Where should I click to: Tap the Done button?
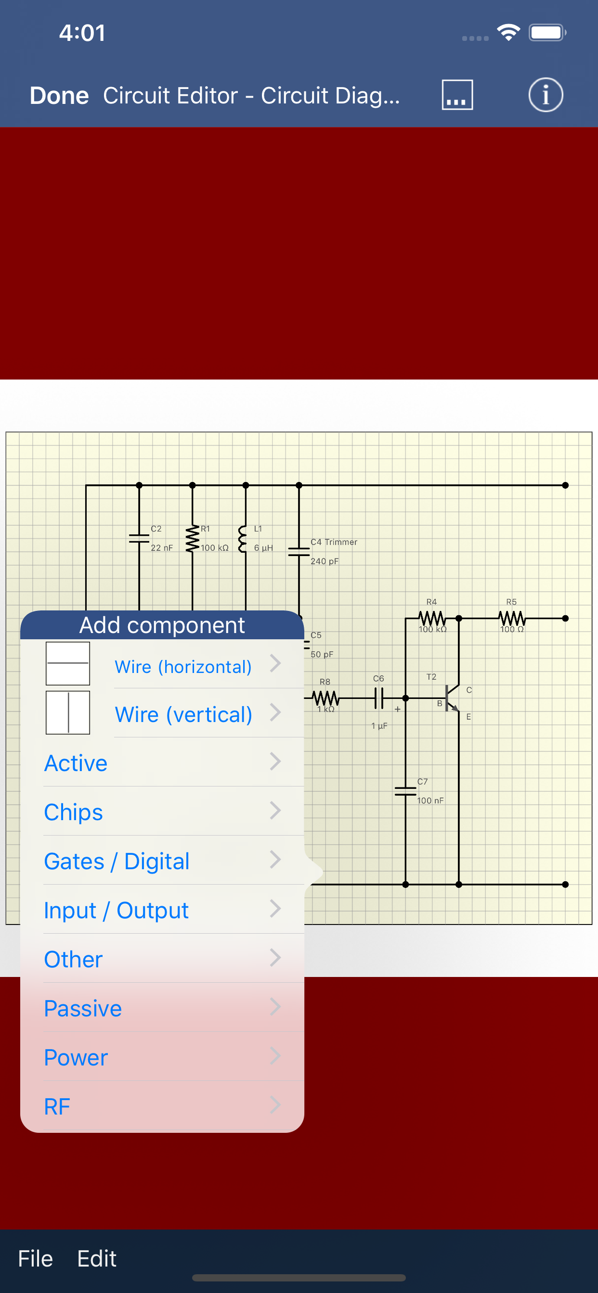[x=59, y=95]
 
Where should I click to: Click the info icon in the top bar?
[x=545, y=95]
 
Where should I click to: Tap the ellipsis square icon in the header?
[x=457, y=95]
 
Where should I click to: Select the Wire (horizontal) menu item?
[x=183, y=667]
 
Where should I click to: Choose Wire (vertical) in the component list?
[x=183, y=714]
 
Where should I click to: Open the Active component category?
[x=162, y=763]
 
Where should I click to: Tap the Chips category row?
[x=162, y=811]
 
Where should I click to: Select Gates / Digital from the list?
[x=162, y=861]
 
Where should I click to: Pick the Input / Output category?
[x=162, y=910]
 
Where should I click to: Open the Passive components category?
[x=162, y=1008]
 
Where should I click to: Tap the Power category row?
[x=162, y=1057]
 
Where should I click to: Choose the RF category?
[x=162, y=1106]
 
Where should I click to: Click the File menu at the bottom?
[x=35, y=1258]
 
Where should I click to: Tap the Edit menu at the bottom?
[x=96, y=1258]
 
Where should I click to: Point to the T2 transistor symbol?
[x=450, y=698]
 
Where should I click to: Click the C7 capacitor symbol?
[x=405, y=792]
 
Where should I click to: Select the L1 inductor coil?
[x=243, y=539]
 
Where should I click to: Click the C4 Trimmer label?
[x=334, y=542]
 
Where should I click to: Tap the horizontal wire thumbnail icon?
[x=68, y=663]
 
